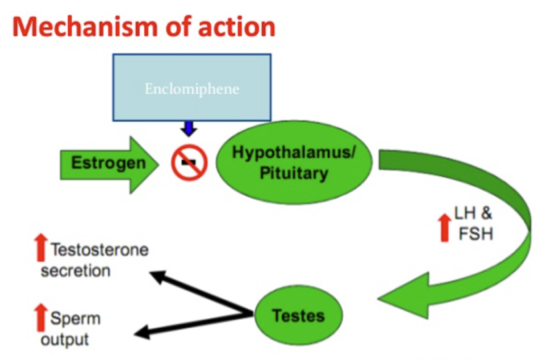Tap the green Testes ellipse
(x=298, y=315)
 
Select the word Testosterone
(x=99, y=250)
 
